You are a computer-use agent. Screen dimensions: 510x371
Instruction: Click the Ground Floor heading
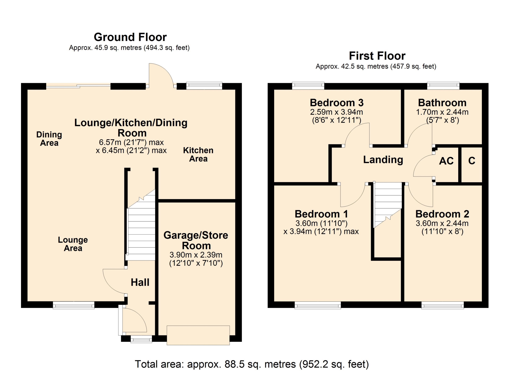[x=130, y=37]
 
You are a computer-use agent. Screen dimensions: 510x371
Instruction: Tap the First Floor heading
[x=377, y=56]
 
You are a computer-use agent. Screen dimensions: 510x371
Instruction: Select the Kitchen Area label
[x=198, y=154]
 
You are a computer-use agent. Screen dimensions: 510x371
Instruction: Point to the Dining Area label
[x=49, y=138]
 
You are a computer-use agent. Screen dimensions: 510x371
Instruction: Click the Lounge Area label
[x=73, y=244]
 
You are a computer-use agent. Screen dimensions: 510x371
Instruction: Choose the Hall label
[x=140, y=282]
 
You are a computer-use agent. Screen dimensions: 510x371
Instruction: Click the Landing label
[x=383, y=160]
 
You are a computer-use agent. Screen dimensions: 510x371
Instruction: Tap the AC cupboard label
[x=446, y=161]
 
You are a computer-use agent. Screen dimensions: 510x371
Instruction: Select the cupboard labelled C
[x=471, y=161]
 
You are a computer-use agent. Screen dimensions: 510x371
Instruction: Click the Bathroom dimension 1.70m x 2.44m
[x=442, y=112]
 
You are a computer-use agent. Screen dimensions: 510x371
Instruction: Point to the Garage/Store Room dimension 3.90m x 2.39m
[x=196, y=255]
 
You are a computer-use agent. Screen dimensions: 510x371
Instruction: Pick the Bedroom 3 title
[x=337, y=103]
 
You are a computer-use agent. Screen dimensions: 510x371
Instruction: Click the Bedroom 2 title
[x=442, y=214]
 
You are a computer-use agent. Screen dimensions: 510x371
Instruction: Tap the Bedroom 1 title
[x=321, y=214]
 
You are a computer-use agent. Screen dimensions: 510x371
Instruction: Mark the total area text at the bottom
[x=252, y=364]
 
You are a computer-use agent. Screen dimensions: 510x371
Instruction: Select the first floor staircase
[x=388, y=205]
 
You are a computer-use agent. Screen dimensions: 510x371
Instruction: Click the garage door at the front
[x=198, y=335]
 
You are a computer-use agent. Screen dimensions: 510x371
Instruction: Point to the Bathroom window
[x=443, y=86]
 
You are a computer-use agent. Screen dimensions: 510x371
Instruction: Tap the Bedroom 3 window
[x=308, y=86]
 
